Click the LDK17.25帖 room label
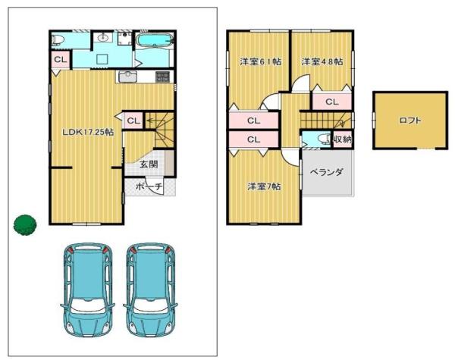(x=88, y=131)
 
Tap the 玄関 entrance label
(x=149, y=164)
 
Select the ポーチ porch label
(x=148, y=186)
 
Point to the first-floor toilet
(x=61, y=39)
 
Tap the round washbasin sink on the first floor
(x=104, y=37)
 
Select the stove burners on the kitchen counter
(x=162, y=77)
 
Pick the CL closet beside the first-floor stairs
(x=133, y=120)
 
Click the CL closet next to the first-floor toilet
(x=60, y=58)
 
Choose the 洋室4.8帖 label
(x=322, y=61)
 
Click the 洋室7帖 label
(x=263, y=186)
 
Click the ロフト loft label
(x=410, y=120)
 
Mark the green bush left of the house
(x=24, y=224)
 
